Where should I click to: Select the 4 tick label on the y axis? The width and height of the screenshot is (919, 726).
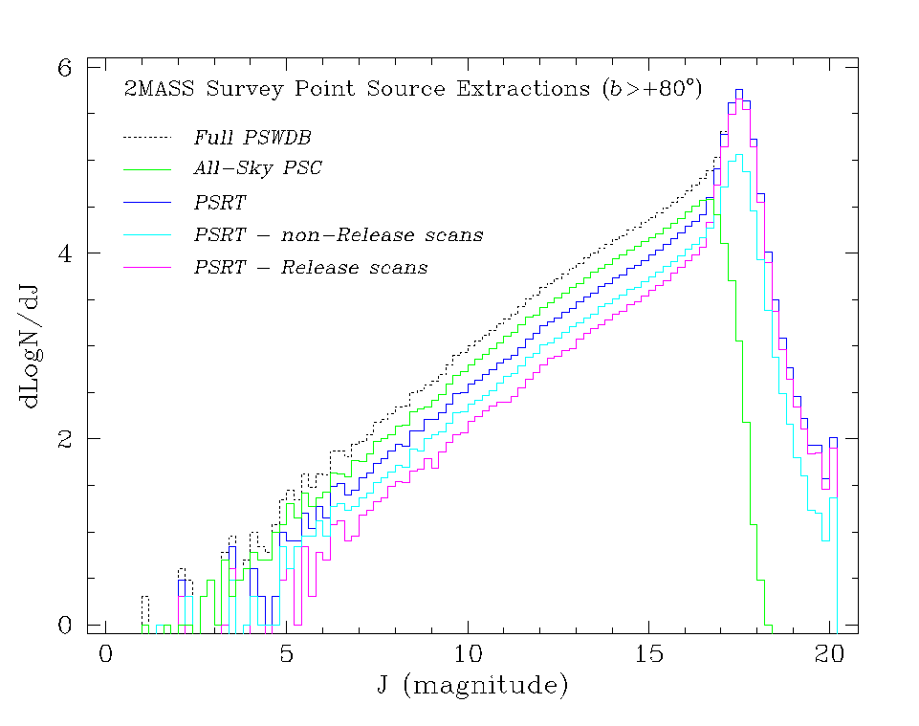[65, 253]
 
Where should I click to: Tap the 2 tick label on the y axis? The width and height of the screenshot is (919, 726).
[65, 439]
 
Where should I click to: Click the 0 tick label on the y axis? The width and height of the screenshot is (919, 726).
[65, 625]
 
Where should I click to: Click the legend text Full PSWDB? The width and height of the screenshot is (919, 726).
[252, 137]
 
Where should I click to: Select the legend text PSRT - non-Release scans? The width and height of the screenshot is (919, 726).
[339, 235]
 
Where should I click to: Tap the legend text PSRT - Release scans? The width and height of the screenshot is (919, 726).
[311, 268]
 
